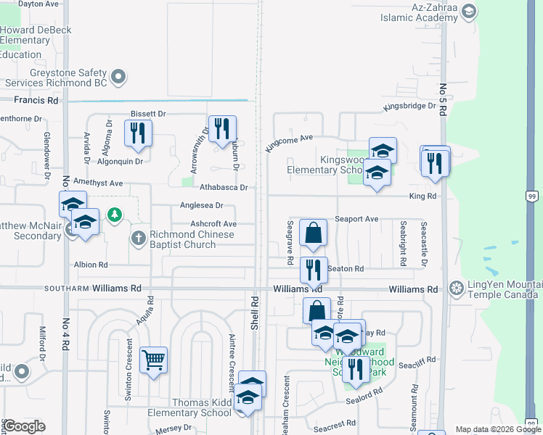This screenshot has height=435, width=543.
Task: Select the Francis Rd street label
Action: click(30, 100)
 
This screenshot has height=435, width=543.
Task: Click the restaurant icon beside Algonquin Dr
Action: click(136, 133)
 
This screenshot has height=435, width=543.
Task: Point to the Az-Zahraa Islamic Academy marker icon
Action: click(468, 10)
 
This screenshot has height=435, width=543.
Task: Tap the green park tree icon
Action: click(115, 215)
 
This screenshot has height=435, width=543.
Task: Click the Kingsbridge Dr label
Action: click(409, 107)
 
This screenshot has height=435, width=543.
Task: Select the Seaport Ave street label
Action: click(356, 219)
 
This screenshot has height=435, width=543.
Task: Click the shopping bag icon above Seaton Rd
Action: click(314, 233)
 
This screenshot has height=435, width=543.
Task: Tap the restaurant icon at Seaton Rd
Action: click(314, 270)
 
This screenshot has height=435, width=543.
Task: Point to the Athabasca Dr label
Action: click(224, 187)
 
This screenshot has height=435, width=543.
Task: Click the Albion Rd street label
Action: click(91, 265)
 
